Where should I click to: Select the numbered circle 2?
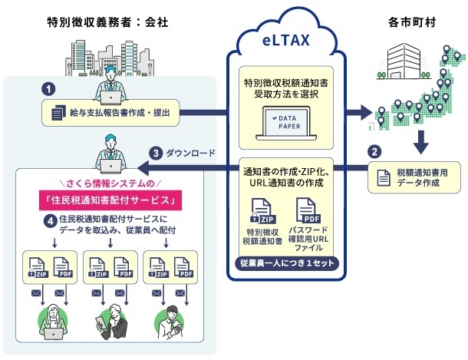click(x=376, y=152)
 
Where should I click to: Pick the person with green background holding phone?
click(x=171, y=322)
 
